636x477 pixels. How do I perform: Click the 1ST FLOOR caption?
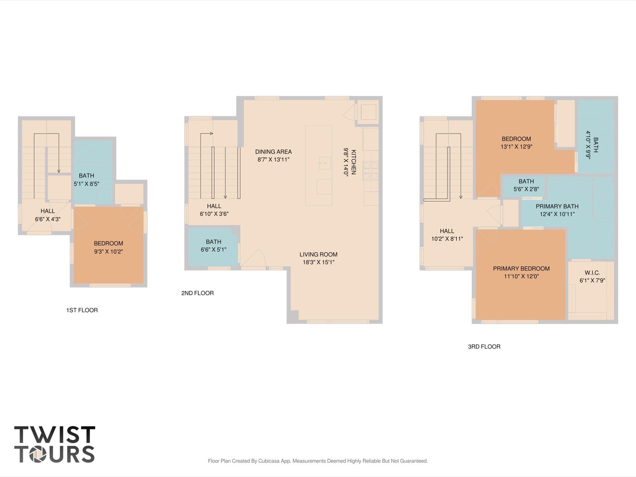[x=82, y=310]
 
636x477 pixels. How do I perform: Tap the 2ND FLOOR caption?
[x=197, y=293]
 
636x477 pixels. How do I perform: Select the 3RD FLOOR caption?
[x=484, y=346]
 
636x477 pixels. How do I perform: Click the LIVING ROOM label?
[x=318, y=255]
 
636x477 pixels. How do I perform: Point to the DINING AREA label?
[x=273, y=152]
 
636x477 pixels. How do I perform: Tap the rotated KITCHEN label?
[x=354, y=162]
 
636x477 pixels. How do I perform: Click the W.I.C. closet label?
[x=592, y=273]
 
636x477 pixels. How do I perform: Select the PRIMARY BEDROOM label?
[x=521, y=268]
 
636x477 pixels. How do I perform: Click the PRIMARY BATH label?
[x=557, y=206]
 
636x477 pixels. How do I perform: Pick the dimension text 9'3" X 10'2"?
[x=108, y=251]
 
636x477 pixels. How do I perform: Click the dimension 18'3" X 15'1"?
[x=318, y=262]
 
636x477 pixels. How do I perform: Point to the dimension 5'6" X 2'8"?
[x=526, y=189]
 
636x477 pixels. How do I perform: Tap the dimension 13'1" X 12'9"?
[x=516, y=147]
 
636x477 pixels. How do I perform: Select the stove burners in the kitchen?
[x=370, y=171]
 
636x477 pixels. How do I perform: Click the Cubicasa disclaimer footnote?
[x=318, y=461]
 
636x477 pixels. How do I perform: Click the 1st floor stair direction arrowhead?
[x=59, y=171]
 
